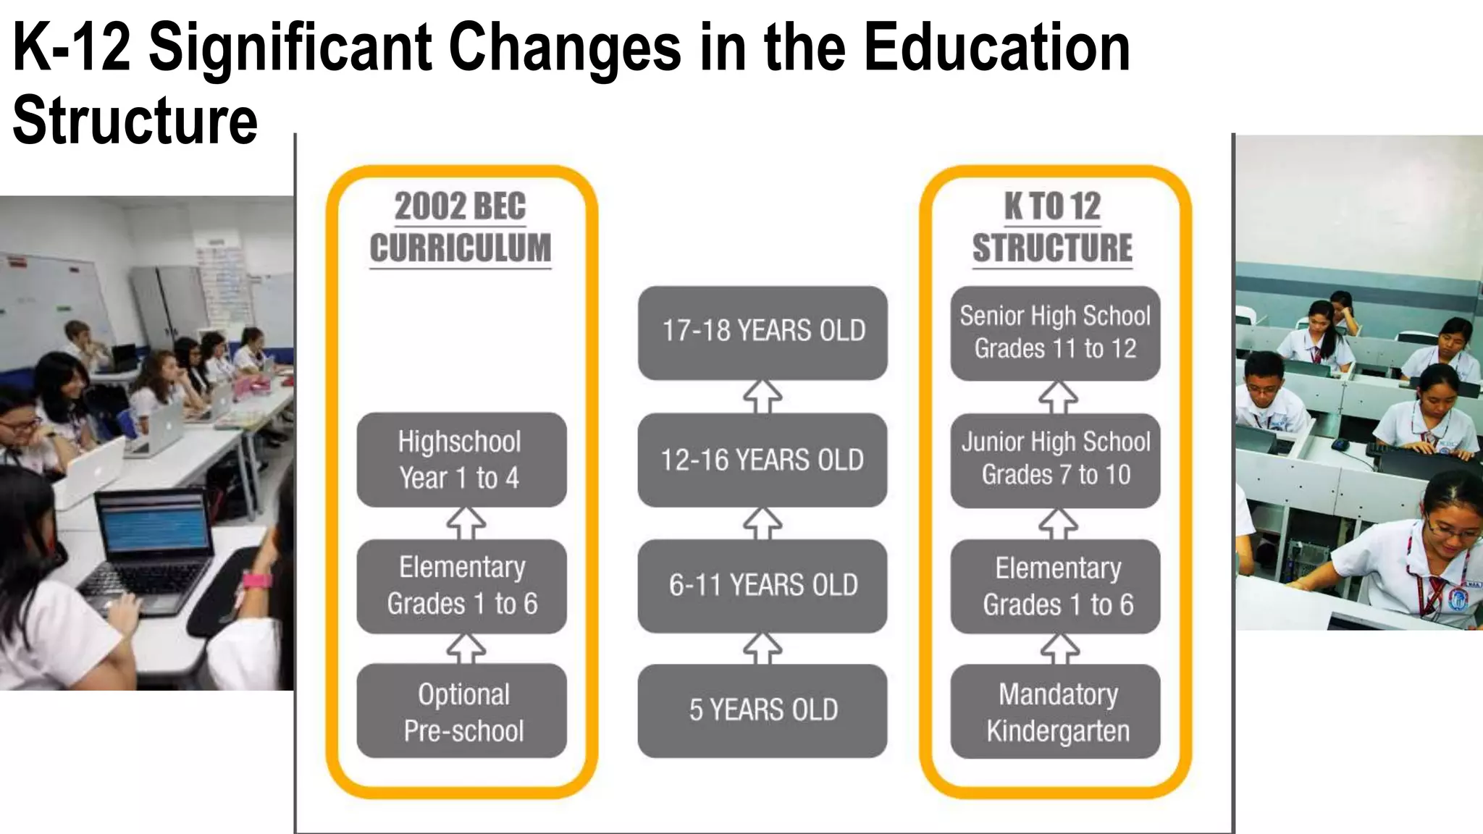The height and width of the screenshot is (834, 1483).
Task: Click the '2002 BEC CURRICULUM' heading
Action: point(461,227)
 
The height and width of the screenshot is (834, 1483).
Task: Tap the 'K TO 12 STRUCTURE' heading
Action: point(1052,227)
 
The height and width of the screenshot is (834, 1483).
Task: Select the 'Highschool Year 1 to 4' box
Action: point(461,460)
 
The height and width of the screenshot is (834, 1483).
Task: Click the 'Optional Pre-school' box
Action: point(461,711)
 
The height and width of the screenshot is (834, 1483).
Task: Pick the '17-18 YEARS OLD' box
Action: point(762,332)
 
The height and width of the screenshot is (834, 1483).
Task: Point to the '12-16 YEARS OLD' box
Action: point(762,460)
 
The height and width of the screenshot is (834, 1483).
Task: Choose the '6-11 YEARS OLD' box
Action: point(762,586)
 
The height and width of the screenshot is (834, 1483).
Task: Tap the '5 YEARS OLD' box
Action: point(762,711)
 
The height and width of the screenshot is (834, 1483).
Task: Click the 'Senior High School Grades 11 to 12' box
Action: point(1055,332)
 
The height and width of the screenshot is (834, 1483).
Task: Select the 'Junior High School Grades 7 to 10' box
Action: point(1055,460)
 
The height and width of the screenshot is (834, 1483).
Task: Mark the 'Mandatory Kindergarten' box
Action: point(1055,711)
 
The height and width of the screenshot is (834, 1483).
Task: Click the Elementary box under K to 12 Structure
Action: point(1055,586)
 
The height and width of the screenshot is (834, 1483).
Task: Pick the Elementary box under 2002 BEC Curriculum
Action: point(461,586)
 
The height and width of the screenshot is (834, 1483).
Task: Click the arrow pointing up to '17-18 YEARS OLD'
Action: point(762,397)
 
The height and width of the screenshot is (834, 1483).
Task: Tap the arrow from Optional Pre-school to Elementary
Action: point(466,649)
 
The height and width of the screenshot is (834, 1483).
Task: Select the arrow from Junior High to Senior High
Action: point(1058,397)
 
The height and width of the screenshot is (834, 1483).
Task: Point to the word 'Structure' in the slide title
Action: point(135,120)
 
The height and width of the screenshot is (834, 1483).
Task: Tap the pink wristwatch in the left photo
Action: point(256,581)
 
